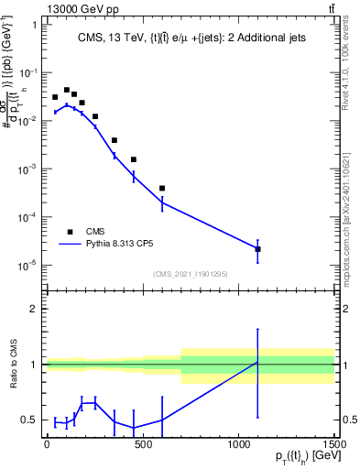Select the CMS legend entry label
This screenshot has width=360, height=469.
click(x=96, y=232)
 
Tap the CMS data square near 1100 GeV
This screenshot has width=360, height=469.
click(x=258, y=249)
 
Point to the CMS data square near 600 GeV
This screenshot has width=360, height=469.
click(x=162, y=189)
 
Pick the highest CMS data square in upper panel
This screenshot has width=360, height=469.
click(x=67, y=90)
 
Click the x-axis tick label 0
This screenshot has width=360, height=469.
click(x=46, y=444)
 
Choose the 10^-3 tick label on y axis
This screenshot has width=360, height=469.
click(x=27, y=169)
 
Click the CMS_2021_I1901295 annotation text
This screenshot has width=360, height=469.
click(x=190, y=274)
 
